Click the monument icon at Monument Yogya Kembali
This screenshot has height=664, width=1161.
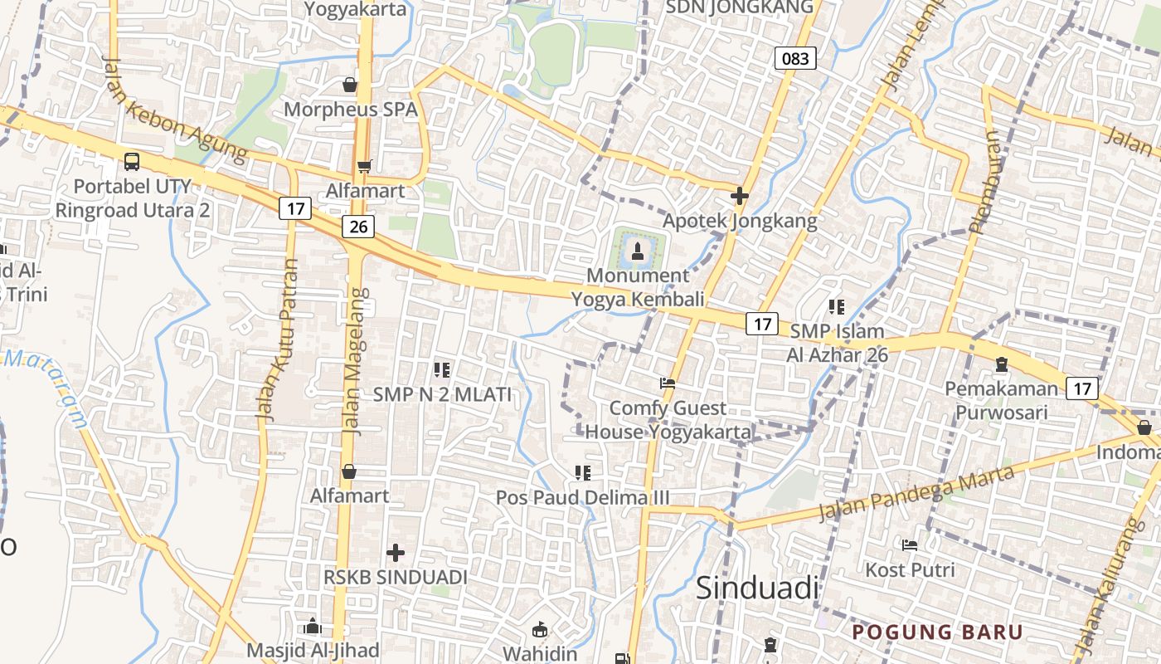tap(638, 250)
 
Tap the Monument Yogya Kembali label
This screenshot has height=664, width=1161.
tap(638, 287)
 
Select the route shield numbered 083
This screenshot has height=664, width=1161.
tap(795, 58)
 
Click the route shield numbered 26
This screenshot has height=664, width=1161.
tap(357, 227)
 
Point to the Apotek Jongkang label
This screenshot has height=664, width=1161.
tap(740, 221)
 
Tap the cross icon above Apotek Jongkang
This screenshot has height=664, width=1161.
tap(739, 197)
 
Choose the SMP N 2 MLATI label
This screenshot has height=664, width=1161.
tap(442, 394)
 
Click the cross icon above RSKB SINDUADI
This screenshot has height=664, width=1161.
tap(396, 552)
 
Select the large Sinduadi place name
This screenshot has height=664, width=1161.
tap(757, 588)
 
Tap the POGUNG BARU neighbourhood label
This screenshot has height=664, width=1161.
tap(938, 632)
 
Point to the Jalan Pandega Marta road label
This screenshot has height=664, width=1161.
tap(916, 493)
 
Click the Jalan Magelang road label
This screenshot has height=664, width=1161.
tap(355, 361)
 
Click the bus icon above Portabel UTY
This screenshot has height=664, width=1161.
tap(132, 161)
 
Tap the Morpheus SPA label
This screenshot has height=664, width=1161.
tap(350, 110)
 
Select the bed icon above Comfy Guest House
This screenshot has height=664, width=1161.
tap(668, 383)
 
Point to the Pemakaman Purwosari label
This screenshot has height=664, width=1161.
tap(1001, 400)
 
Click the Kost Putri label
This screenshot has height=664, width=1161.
tap(910, 570)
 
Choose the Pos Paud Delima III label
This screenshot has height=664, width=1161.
tap(582, 497)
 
